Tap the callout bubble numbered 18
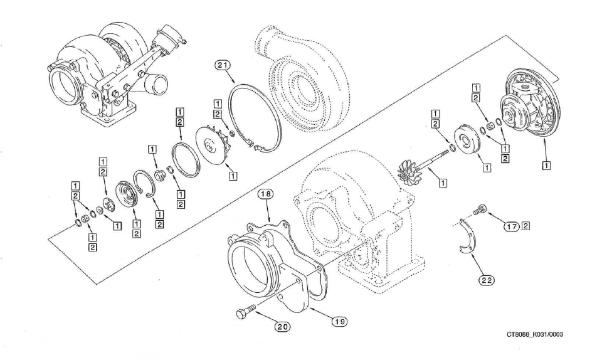266,195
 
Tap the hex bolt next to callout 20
246,310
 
